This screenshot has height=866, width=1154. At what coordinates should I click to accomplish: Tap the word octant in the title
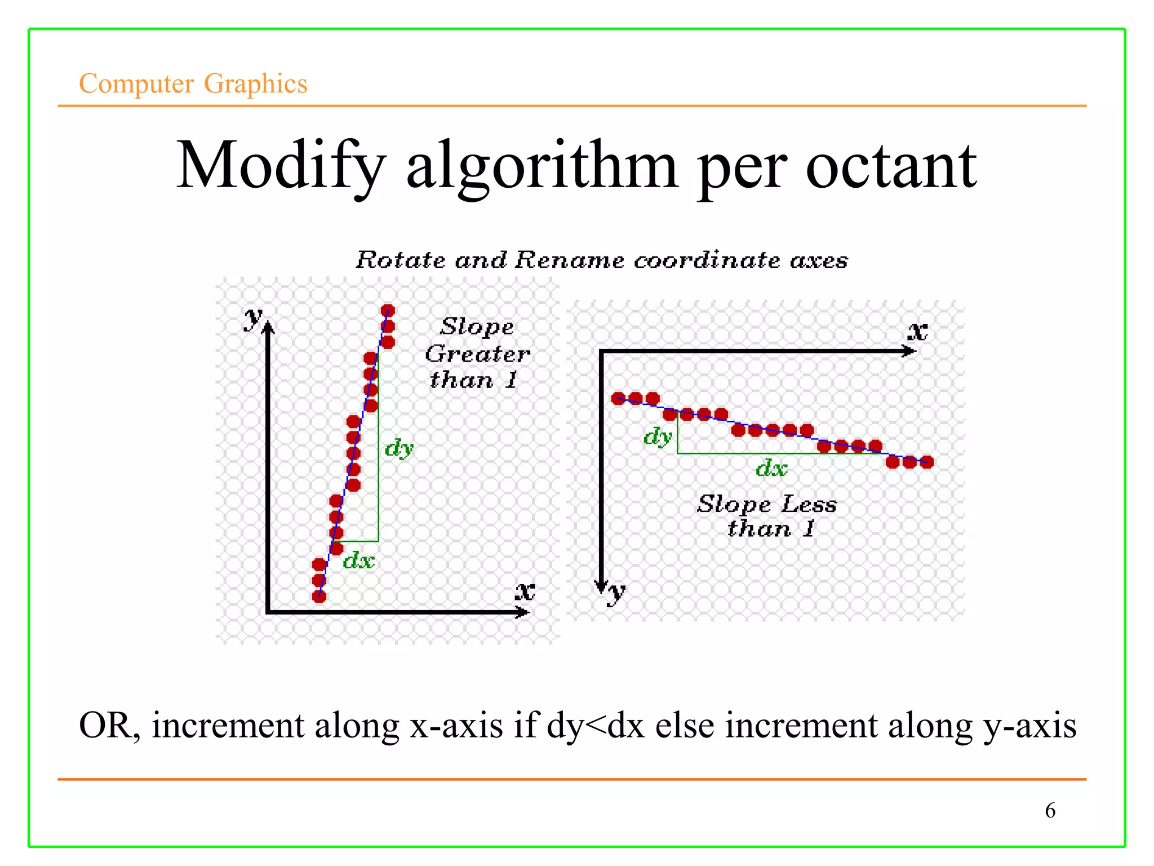[x=891, y=166]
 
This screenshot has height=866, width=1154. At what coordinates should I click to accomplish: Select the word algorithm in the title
[x=541, y=166]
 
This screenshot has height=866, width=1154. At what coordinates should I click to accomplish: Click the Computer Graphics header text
[x=193, y=83]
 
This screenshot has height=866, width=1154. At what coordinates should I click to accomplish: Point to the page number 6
[x=1050, y=810]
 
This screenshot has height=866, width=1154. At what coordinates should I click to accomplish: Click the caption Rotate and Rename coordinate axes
[x=601, y=260]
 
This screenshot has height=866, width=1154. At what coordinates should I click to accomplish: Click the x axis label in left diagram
[x=525, y=591]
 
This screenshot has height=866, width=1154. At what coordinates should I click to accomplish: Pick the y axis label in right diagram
[x=616, y=592]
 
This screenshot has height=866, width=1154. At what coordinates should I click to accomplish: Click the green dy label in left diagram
[x=399, y=448]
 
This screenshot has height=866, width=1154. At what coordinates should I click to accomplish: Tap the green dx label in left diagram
[x=359, y=560]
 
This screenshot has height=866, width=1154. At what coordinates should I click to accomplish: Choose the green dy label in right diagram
[x=658, y=436]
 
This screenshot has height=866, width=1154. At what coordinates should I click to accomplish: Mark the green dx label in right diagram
[x=771, y=468]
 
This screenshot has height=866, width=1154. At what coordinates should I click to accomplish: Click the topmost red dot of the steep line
[x=388, y=310]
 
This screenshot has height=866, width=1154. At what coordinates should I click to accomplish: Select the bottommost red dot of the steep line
[x=319, y=597]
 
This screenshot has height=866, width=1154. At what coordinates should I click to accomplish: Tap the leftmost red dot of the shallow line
[x=618, y=399]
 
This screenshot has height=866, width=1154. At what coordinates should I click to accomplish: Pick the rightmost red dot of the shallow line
[x=927, y=462]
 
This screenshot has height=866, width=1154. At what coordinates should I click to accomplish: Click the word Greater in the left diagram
[x=477, y=354]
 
